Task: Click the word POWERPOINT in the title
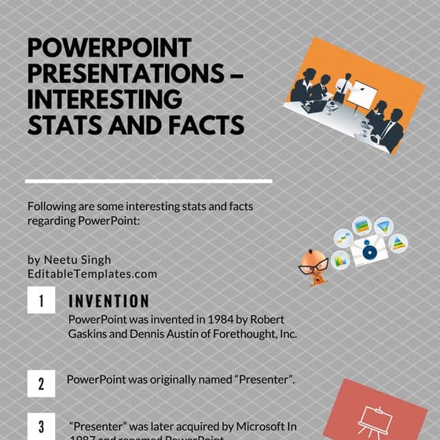point(109,49)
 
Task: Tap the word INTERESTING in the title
point(104,101)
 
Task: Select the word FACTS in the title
point(206,126)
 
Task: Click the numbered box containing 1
point(41,300)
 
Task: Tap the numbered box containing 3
point(41,427)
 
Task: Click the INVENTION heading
point(108,302)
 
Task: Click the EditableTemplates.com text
point(92,274)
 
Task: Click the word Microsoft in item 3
point(253,425)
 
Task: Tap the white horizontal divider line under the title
point(148,181)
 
